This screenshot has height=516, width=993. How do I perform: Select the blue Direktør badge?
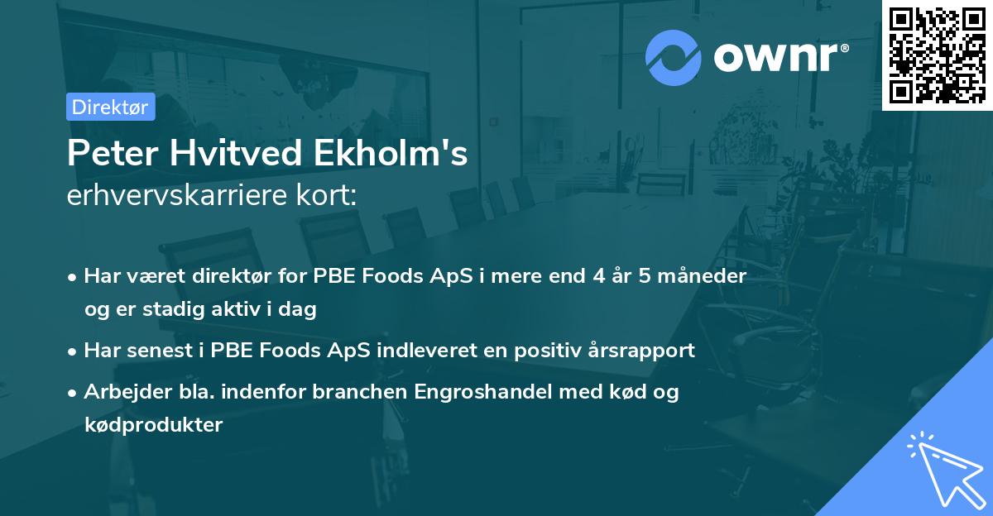point(110,107)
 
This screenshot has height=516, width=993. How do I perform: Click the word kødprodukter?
point(153,425)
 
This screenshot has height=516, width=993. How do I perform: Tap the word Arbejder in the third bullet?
point(123,391)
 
